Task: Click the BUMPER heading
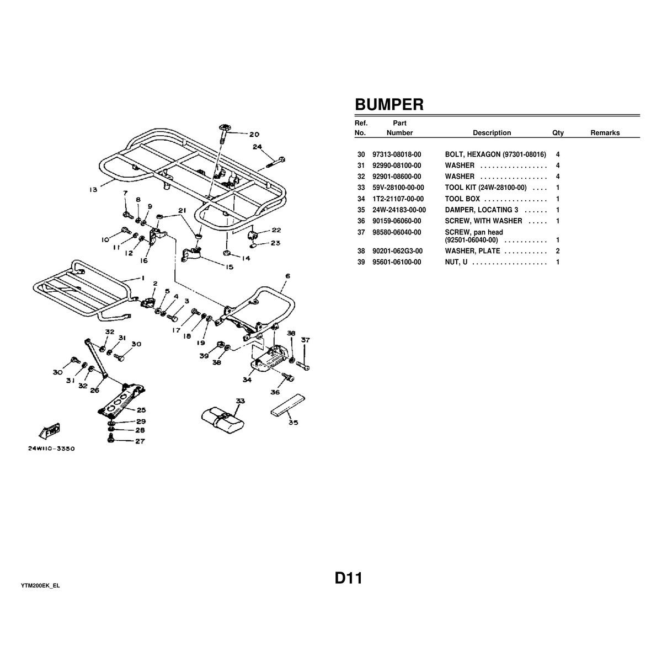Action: point(389,105)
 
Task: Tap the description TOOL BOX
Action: point(462,199)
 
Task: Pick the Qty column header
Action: point(558,133)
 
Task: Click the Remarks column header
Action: point(605,133)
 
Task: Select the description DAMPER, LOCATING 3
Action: point(482,210)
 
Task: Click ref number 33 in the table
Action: point(361,188)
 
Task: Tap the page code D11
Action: point(348,579)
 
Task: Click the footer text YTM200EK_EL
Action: point(40,585)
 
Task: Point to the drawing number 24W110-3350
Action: point(51,449)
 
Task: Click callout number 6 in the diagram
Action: point(288,275)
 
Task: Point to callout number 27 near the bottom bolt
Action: point(141,441)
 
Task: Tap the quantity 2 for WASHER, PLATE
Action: point(558,251)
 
